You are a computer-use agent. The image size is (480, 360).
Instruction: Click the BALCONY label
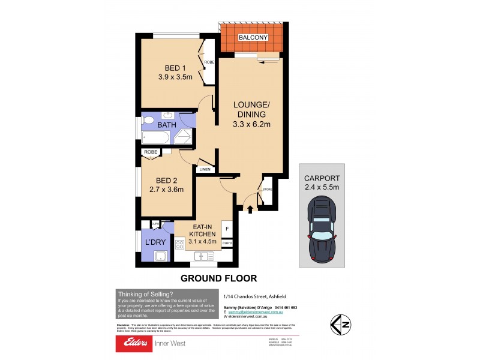tap(253, 38)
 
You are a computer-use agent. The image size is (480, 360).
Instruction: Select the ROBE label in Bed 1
tap(209, 62)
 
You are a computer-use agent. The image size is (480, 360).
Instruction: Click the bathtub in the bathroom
tap(155, 139)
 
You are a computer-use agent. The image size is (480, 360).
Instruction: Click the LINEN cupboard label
tap(205, 170)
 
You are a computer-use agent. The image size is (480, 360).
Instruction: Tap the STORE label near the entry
tap(268, 190)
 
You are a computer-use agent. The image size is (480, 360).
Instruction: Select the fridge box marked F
tap(227, 229)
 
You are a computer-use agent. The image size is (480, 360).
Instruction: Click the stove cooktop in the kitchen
tap(179, 244)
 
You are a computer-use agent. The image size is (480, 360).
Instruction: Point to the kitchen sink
tap(203, 256)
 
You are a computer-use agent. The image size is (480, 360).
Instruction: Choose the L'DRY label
tap(155, 243)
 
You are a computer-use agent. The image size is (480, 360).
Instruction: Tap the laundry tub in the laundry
tap(160, 257)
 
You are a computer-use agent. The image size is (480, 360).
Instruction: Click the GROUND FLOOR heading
tap(219, 278)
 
